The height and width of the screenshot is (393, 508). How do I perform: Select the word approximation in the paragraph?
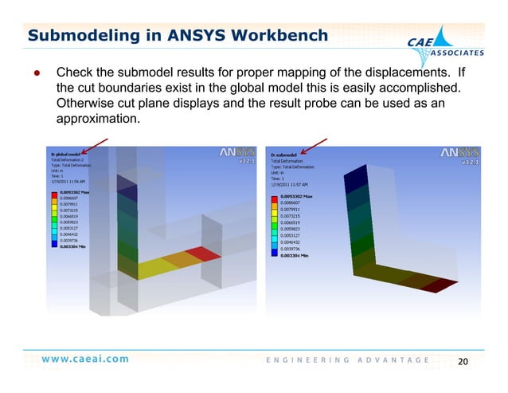tap(98, 119)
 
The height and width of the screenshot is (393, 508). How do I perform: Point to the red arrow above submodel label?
tap(315, 145)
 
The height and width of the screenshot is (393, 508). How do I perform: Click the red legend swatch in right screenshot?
tap(275, 196)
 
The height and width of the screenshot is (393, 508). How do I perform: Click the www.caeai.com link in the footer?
tap(85, 359)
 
